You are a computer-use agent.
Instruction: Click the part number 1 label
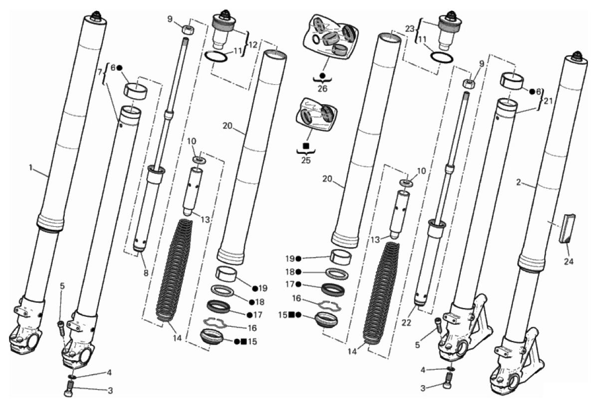(x=31, y=168)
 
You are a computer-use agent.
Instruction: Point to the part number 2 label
(x=519, y=183)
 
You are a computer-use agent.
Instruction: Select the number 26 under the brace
(x=323, y=90)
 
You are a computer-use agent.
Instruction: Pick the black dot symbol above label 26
(x=323, y=75)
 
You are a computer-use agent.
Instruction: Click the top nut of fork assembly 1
(x=96, y=16)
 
